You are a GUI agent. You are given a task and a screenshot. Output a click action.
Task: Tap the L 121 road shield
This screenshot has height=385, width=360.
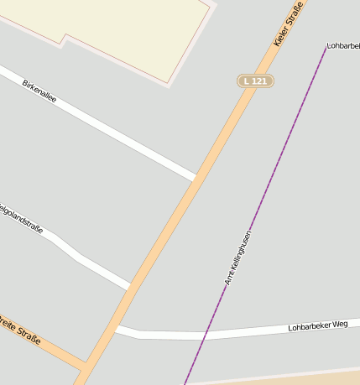click(x=255, y=81)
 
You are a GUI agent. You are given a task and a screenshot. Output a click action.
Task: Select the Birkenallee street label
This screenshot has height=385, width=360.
click(x=39, y=91)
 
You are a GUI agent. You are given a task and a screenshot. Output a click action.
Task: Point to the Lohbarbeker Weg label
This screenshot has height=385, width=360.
click(x=317, y=325)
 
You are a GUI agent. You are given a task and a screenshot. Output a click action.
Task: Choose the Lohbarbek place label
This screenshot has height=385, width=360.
click(x=343, y=44)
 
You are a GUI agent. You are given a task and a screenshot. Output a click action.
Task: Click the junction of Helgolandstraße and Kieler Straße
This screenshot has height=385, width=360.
click(x=132, y=286)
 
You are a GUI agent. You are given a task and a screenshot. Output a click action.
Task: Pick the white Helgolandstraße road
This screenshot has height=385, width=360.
click(x=84, y=259)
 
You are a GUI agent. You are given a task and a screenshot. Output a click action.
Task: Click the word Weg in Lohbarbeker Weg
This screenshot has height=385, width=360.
click(x=338, y=323)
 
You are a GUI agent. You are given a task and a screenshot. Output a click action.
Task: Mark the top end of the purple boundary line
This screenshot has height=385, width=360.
click(x=326, y=48)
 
